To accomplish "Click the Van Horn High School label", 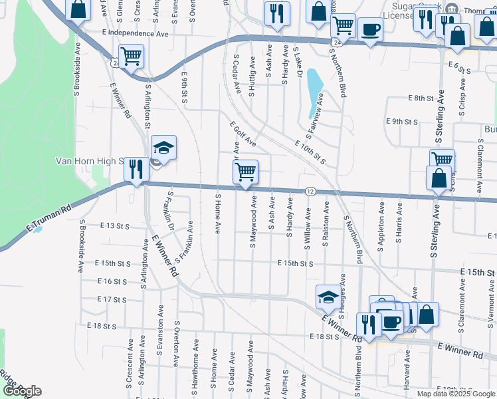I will coord(90,161).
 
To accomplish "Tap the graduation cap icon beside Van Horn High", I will coord(163,148).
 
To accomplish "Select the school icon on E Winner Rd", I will coord(328,298).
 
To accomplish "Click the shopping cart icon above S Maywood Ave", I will coord(245,172).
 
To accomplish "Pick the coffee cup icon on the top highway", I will coord(370,30).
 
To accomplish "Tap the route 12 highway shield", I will coord(310,192).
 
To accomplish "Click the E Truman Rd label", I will coord(49,218).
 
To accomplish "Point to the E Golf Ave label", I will coord(243,134).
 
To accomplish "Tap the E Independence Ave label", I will coord(136,33).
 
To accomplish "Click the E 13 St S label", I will coord(115,226).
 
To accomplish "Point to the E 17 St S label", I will coord(112,300).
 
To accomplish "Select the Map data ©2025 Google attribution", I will coord(456,394).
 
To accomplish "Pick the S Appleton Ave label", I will coord(381,231).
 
